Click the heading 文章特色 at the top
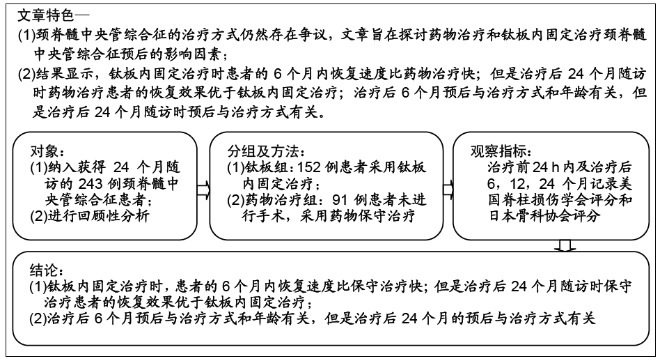pyautogui.click(x=45, y=15)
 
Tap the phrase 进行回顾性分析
pyautogui.click(x=98, y=216)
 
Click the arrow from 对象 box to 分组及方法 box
pyautogui.click(x=203, y=190)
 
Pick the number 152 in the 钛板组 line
pyautogui.click(x=309, y=167)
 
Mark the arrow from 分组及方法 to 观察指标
pyautogui.click(x=448, y=190)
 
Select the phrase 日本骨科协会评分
pyautogui.click(x=544, y=216)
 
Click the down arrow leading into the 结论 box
pyautogui.click(x=565, y=246)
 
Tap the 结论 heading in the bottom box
pyautogui.click(x=43, y=270)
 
